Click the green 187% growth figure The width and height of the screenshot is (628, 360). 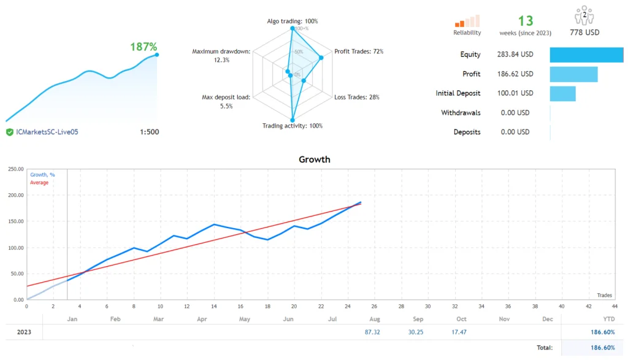[x=144, y=47]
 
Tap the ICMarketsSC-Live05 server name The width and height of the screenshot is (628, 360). [x=47, y=132]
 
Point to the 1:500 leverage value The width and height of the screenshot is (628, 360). [x=149, y=132]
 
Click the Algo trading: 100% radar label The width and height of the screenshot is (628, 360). [x=292, y=21]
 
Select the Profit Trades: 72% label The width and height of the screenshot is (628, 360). [x=359, y=52]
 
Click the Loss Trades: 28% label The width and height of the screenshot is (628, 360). [x=358, y=97]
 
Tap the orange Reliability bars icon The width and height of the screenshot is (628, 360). [x=467, y=21]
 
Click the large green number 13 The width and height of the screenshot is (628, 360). [x=526, y=21]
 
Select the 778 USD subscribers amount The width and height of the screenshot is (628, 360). [x=584, y=33]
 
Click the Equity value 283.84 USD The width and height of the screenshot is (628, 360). [x=515, y=55]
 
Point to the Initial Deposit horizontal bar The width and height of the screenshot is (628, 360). [x=562, y=94]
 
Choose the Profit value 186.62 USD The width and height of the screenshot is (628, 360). [x=515, y=74]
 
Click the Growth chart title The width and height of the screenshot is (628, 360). [x=314, y=159]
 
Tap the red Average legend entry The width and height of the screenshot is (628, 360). [x=39, y=183]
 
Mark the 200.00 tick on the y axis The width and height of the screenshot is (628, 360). [x=15, y=196]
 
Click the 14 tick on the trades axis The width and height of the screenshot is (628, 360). [x=213, y=306]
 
